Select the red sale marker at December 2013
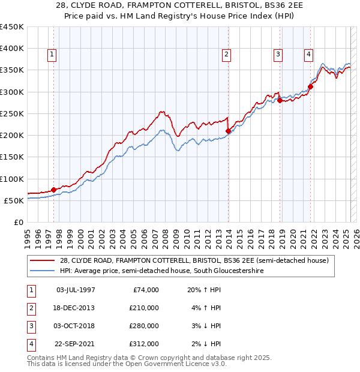[x=228, y=131]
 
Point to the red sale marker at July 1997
[x=53, y=190]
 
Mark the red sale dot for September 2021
[x=310, y=87]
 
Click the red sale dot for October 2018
[x=280, y=101]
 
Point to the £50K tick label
[x=14, y=200]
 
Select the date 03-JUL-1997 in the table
[x=75, y=290]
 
